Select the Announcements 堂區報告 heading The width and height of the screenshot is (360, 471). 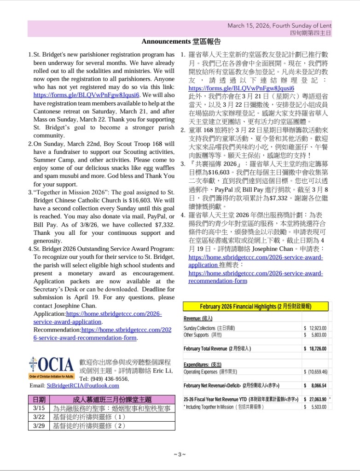point(181,42)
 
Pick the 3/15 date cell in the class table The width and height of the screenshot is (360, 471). point(39,408)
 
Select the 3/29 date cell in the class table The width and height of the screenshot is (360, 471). point(39,425)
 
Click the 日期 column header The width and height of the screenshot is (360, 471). point(39,400)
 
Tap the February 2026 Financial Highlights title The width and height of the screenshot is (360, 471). point(256,307)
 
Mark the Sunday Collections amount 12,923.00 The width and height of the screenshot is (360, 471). point(317,328)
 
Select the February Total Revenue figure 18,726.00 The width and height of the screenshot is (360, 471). point(317,349)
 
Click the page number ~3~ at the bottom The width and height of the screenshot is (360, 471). point(180,454)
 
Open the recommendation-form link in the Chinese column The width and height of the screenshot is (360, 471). point(255,277)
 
